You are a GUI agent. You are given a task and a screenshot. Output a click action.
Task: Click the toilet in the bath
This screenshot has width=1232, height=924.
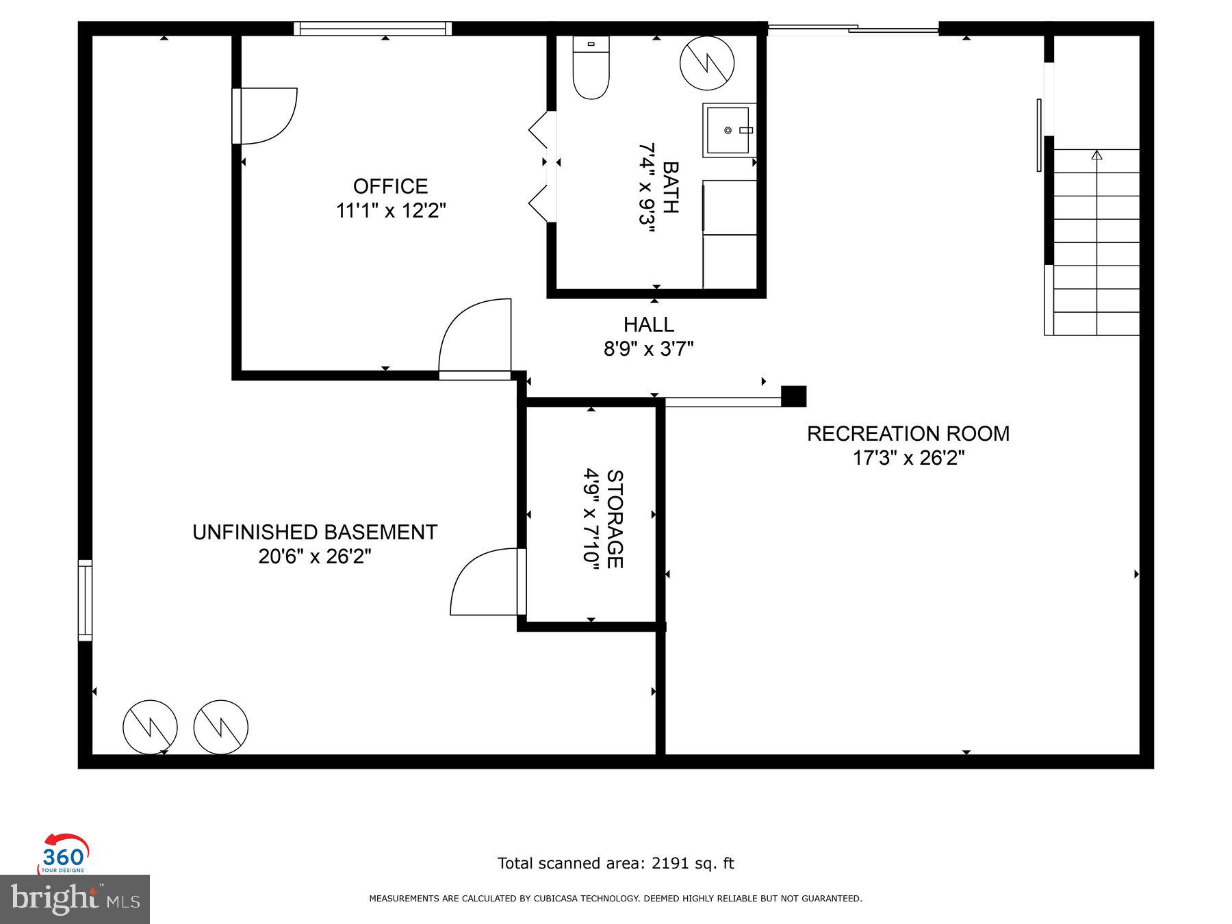(x=591, y=68)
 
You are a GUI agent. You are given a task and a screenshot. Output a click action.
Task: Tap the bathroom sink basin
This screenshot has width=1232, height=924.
(x=728, y=130)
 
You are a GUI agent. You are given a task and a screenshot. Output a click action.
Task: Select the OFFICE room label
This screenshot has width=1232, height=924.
(x=390, y=186)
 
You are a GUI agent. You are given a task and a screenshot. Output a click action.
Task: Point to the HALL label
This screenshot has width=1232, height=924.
(x=648, y=324)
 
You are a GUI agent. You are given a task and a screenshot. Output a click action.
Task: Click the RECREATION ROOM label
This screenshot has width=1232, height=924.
(x=908, y=434)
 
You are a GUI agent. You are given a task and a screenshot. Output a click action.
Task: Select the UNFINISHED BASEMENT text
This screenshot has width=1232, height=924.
(x=315, y=532)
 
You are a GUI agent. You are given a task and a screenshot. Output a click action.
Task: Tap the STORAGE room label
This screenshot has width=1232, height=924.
(x=614, y=519)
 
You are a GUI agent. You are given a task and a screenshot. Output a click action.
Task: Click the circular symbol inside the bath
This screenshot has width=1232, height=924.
(x=707, y=63)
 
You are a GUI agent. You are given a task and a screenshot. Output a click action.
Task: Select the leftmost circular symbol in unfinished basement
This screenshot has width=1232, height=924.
(x=150, y=727)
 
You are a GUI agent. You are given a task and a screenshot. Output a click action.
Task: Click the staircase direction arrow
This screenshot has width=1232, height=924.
(x=1096, y=156)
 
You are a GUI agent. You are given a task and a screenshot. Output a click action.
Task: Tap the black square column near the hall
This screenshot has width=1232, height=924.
(x=793, y=396)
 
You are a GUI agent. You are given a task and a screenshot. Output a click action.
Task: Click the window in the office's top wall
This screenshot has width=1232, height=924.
(x=373, y=29)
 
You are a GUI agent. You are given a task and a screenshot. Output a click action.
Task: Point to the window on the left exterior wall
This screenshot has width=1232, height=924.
(x=85, y=600)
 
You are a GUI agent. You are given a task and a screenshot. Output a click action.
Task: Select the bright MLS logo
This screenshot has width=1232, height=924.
(x=75, y=899)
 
